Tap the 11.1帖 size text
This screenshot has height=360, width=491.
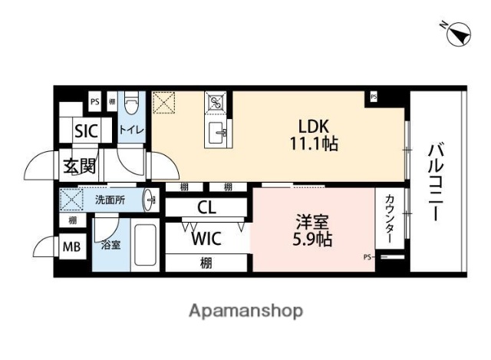point(314,144)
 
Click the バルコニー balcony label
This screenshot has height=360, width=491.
point(435,182)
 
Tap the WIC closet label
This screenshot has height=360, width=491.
point(206,239)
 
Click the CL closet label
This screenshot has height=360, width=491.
point(206,207)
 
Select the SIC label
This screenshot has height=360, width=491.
point(86,131)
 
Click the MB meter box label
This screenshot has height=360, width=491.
point(71,247)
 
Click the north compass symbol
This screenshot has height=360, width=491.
point(458,33)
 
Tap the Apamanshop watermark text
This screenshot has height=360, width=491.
point(245,311)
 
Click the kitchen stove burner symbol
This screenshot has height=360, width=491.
point(216,102)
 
